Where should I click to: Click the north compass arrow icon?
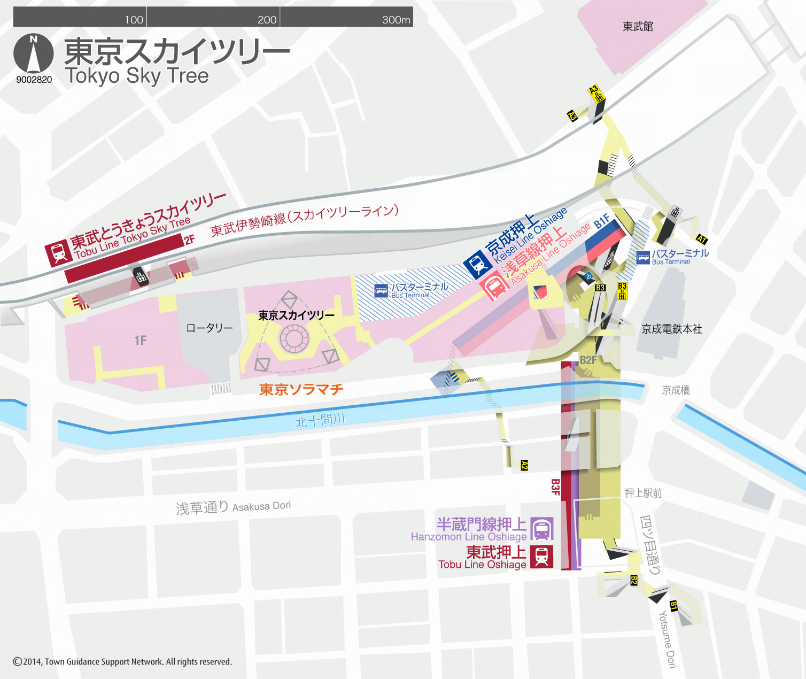(x=33, y=54)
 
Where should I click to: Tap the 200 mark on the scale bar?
(x=267, y=20)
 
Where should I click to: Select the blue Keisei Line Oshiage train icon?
(x=477, y=264)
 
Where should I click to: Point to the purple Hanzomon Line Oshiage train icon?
(x=541, y=529)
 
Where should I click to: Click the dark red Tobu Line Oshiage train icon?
(x=541, y=557)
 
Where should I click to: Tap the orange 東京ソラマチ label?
(x=301, y=389)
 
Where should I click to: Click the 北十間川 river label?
(x=320, y=420)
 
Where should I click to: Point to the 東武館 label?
(x=638, y=26)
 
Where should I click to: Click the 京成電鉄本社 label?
(x=672, y=329)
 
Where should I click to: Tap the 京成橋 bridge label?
(x=676, y=390)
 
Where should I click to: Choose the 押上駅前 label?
(x=643, y=493)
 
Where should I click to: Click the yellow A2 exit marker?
(x=524, y=465)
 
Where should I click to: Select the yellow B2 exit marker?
(x=634, y=580)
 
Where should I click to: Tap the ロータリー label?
(x=209, y=328)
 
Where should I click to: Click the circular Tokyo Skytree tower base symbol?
(x=293, y=338)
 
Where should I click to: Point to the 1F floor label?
(x=140, y=341)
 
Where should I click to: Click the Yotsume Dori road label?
(x=668, y=639)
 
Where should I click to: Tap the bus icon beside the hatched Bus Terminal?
(x=381, y=291)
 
